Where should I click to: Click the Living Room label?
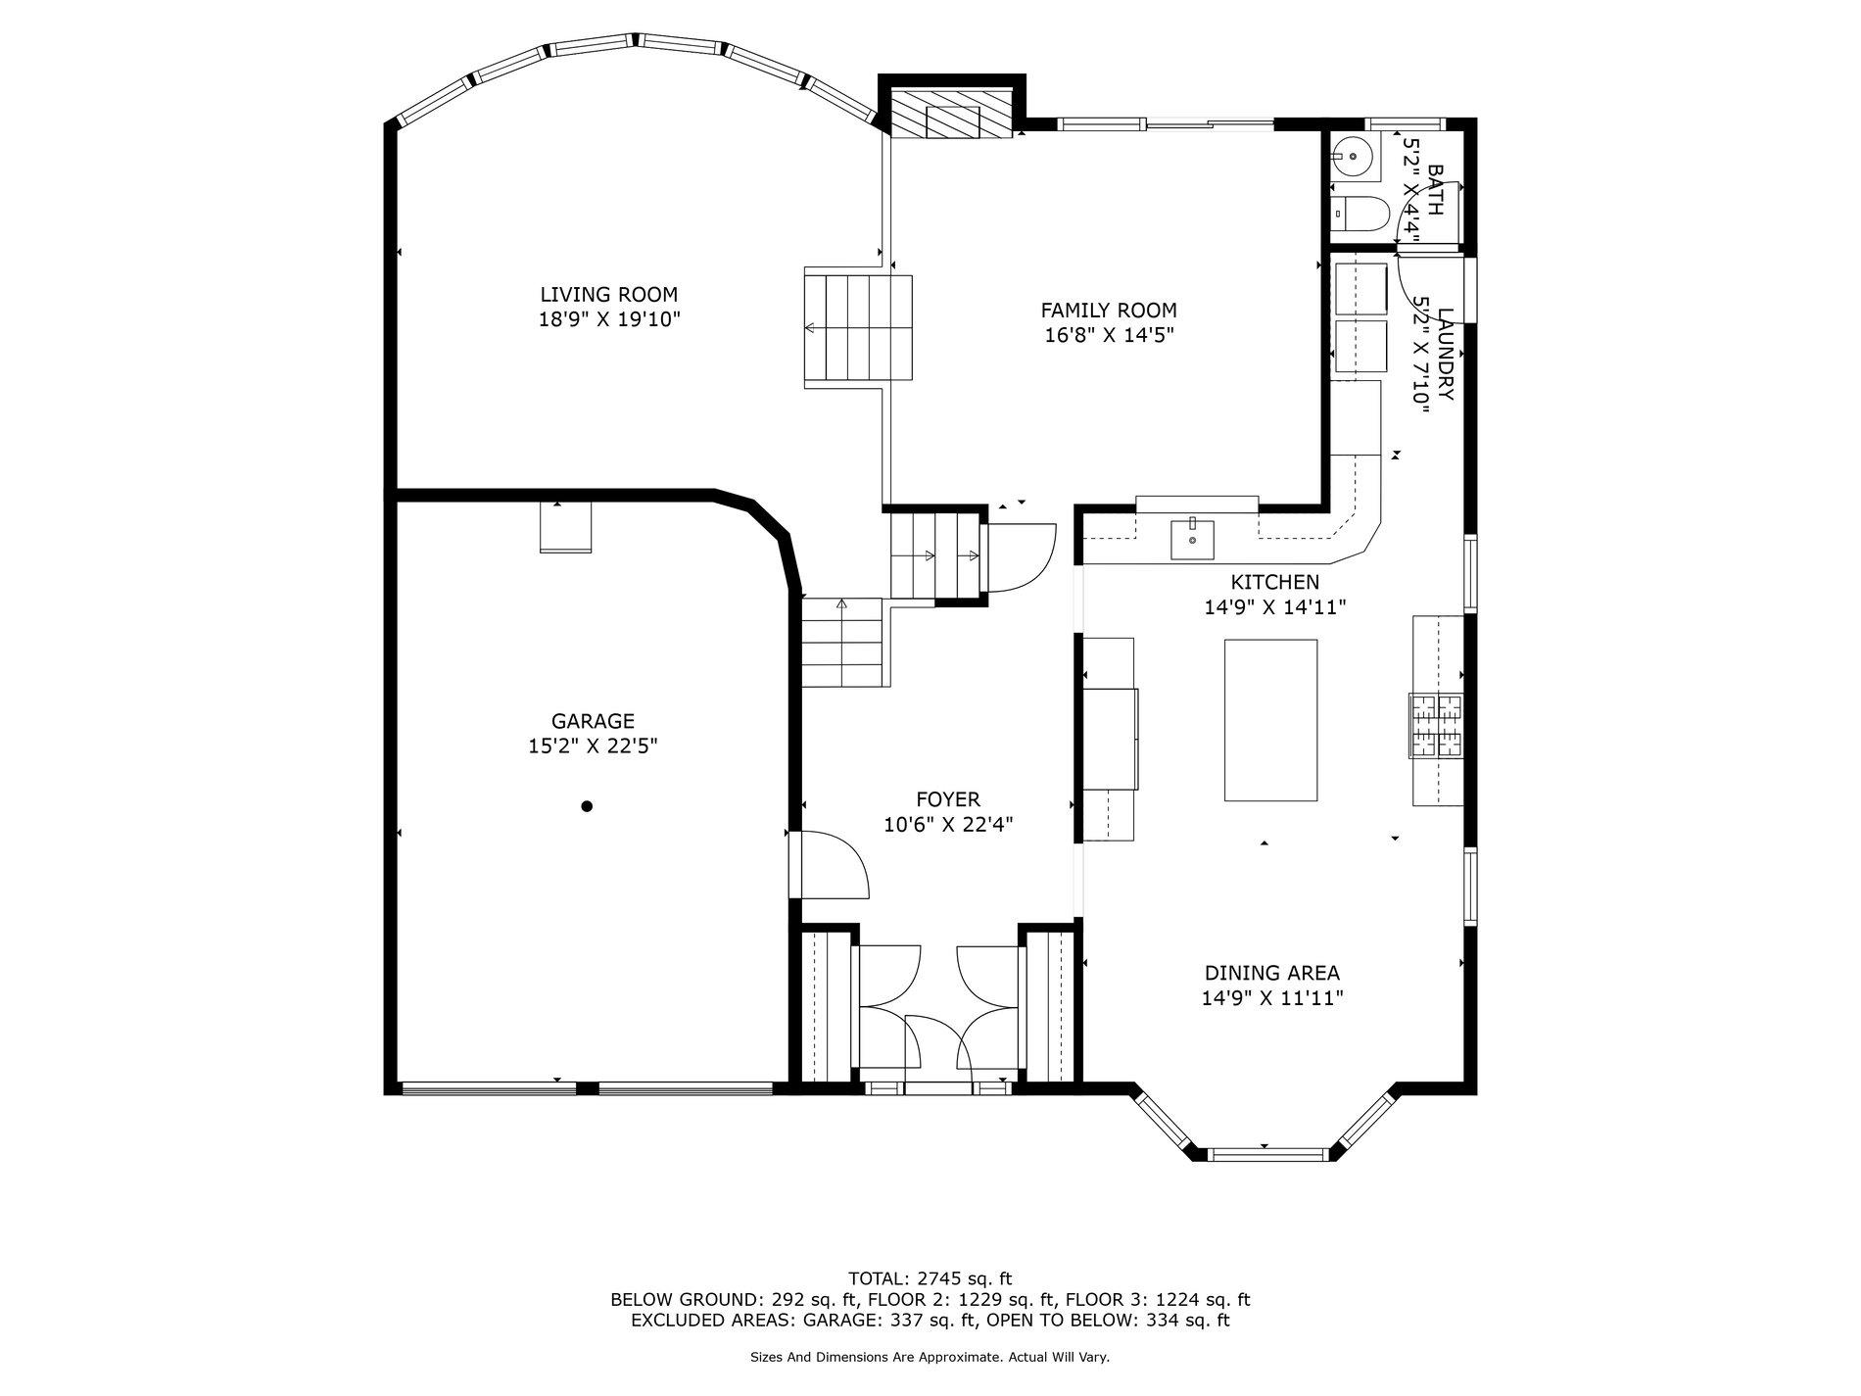608,294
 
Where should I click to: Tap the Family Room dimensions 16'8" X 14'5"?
1109,335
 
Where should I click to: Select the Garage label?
593,721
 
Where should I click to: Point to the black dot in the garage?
587,806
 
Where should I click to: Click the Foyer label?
948,799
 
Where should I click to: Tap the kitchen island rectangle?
1270,720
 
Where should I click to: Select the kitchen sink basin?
1193,539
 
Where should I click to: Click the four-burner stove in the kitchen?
1436,725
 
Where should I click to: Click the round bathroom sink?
1353,156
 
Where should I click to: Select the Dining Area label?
1271,973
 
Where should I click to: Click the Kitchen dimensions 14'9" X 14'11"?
1274,607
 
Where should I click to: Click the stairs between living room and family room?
858,328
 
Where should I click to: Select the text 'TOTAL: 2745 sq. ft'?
930,1277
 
